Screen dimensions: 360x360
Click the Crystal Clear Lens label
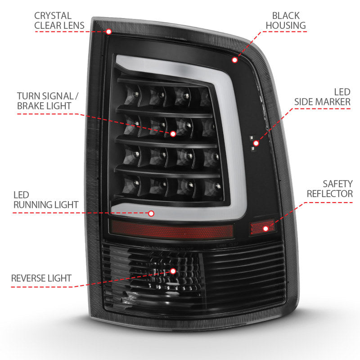coord(59,20)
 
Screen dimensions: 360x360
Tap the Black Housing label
coord(285,20)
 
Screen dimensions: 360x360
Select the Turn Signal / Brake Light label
coord(44,101)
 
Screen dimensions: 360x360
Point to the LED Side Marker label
coord(322,96)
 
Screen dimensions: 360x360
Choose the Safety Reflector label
coord(330,189)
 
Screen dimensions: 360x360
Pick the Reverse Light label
coord(41,278)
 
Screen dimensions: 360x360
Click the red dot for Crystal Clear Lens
coord(108,31)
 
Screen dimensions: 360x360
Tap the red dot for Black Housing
coord(234,60)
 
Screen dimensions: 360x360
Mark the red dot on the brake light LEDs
coord(173,134)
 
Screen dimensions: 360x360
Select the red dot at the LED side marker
coord(256,144)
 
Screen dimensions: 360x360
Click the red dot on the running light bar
coord(151,214)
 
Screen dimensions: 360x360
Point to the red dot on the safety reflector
coord(266,229)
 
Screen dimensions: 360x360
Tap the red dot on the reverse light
coord(173,271)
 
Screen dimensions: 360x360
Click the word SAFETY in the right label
coord(337,184)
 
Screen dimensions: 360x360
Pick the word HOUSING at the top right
coord(285,25)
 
